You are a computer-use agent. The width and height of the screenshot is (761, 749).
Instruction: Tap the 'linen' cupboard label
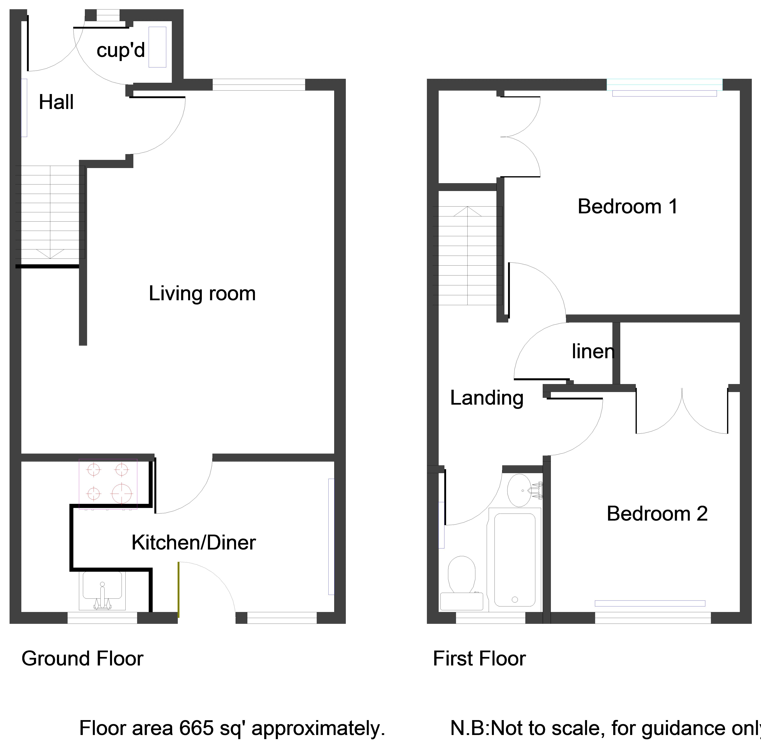pos(593,351)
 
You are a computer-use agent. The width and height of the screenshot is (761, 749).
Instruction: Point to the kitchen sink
pos(102,590)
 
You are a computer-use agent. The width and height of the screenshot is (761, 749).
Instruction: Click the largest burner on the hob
pos(122,493)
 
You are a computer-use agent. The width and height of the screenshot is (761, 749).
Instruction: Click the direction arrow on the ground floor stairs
pos(50,254)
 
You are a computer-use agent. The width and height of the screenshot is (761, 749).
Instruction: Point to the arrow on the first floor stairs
pos(467,212)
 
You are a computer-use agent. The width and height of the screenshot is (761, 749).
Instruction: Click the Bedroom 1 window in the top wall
pos(664,85)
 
